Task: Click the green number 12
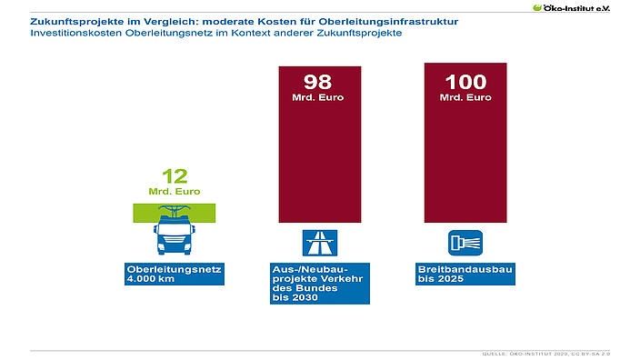pyautogui.click(x=174, y=176)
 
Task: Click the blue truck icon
pyautogui.click(x=174, y=237)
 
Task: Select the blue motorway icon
pyautogui.click(x=319, y=243)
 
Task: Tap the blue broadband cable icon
pyautogui.click(x=465, y=243)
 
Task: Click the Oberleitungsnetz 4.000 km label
pyautogui.click(x=174, y=275)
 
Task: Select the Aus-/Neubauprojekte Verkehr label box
pyautogui.click(x=319, y=284)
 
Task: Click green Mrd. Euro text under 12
pyautogui.click(x=174, y=191)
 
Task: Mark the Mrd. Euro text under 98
pyautogui.click(x=319, y=97)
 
